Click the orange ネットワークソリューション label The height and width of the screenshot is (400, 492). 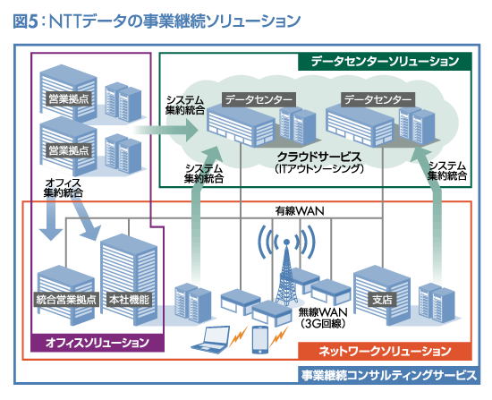pyautogui.click(x=400, y=351)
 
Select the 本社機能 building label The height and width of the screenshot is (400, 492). pyautogui.click(x=128, y=299)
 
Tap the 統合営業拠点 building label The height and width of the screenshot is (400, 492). pyautogui.click(x=67, y=299)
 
